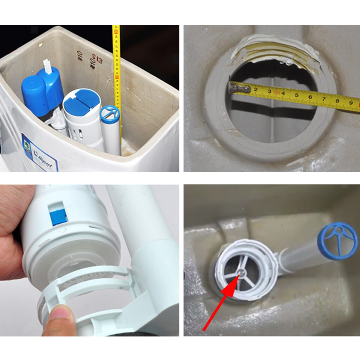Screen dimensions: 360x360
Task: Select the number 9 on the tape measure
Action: coord(351,103)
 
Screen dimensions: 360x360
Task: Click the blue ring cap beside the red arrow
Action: coord(337,240)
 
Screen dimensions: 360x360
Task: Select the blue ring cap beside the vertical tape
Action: coord(110,114)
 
